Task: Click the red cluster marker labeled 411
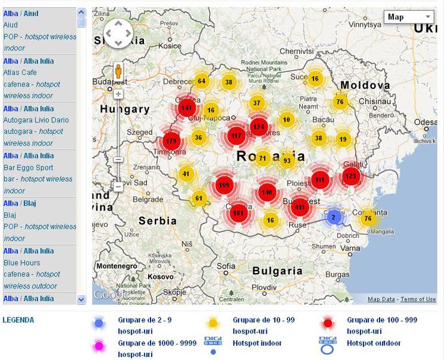pyautogui.click(x=300, y=207)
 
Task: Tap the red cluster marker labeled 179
pyautogui.click(x=172, y=141)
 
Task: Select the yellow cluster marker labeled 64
pyautogui.click(x=202, y=81)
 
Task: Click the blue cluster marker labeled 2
pyautogui.click(x=333, y=217)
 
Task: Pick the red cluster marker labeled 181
pyautogui.click(x=238, y=213)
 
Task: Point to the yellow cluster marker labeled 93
pyautogui.click(x=287, y=160)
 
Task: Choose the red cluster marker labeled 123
pyautogui.click(x=351, y=176)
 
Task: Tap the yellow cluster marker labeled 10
pyautogui.click(x=287, y=119)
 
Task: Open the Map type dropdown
pyautogui.click(x=408, y=17)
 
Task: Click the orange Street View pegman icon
pyautogui.click(x=119, y=73)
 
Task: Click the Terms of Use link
pyautogui.click(x=418, y=299)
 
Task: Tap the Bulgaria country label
pyautogui.click(x=273, y=271)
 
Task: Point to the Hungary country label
pyautogui.click(x=125, y=109)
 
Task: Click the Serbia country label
pyautogui.click(x=158, y=220)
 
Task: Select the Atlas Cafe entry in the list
pyautogui.click(x=20, y=73)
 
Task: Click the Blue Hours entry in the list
pyautogui.click(x=22, y=263)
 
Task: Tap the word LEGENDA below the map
pyautogui.click(x=19, y=320)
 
